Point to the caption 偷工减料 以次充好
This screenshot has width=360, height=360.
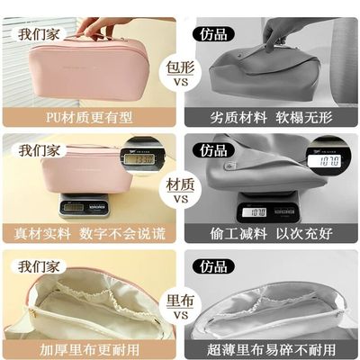click(x=270, y=233)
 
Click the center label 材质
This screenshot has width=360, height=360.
click(x=180, y=184)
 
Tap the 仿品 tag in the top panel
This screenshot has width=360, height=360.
click(x=213, y=35)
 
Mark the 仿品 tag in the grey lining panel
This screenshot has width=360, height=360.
click(x=213, y=266)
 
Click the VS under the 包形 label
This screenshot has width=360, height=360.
click(x=180, y=83)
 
